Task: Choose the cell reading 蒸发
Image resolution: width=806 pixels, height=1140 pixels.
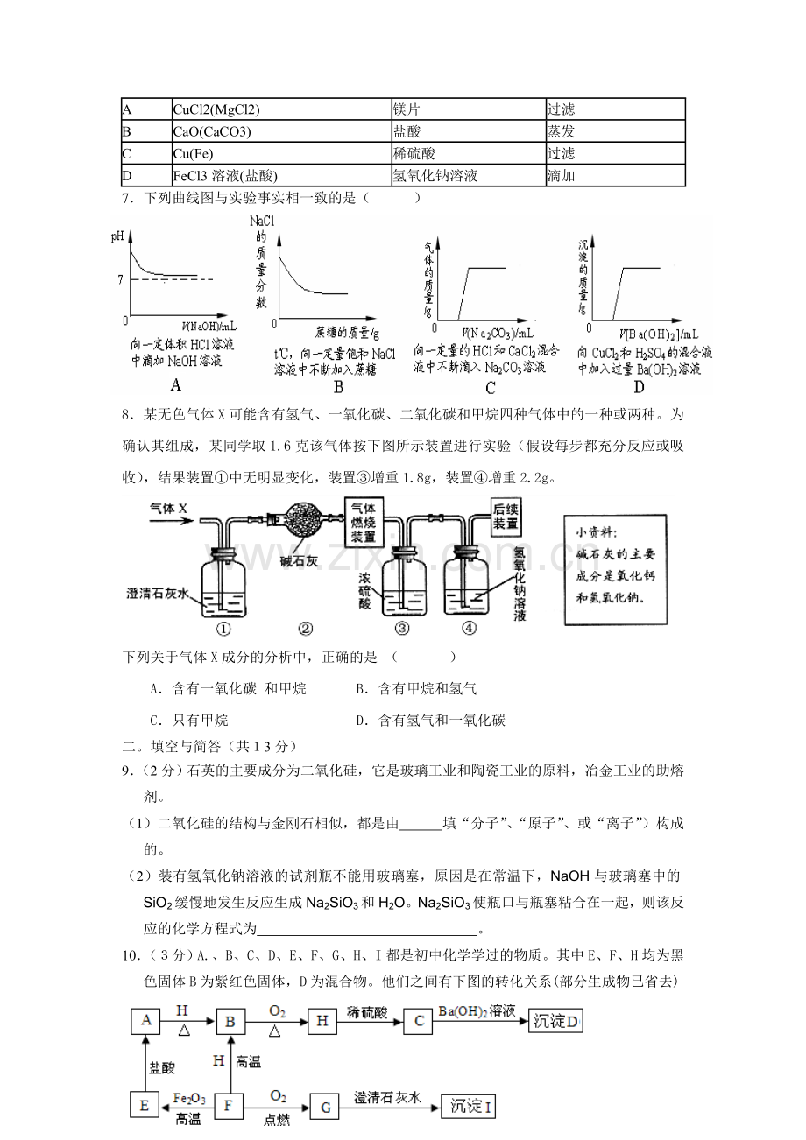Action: pyautogui.click(x=613, y=131)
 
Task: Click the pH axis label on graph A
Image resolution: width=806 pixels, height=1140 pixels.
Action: pyautogui.click(x=117, y=236)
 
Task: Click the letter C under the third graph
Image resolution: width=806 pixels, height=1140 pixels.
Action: pyautogui.click(x=490, y=389)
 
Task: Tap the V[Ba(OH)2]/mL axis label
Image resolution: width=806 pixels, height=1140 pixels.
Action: pyautogui.click(x=659, y=333)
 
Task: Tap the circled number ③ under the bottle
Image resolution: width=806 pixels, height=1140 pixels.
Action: pyautogui.click(x=402, y=628)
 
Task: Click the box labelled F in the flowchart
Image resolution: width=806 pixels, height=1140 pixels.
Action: pyautogui.click(x=229, y=1107)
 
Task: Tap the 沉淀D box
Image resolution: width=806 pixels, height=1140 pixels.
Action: pyautogui.click(x=555, y=1022)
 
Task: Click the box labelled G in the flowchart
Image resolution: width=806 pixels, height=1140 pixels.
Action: pyautogui.click(x=324, y=1107)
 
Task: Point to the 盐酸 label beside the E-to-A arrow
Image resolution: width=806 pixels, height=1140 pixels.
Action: pyautogui.click(x=162, y=1067)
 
